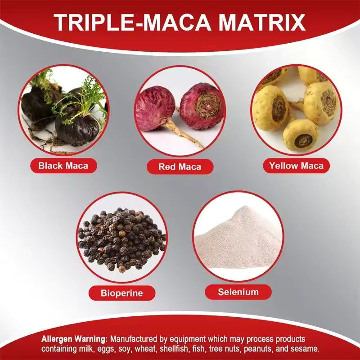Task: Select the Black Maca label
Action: [x=63, y=166]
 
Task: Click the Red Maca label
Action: [x=180, y=167]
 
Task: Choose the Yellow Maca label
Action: [x=296, y=166]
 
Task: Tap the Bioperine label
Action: [x=121, y=293]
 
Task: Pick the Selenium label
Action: [x=238, y=292]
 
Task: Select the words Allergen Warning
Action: [x=75, y=339]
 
